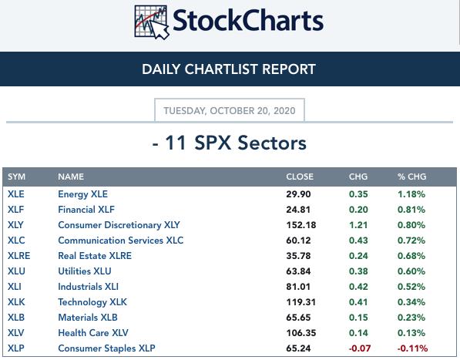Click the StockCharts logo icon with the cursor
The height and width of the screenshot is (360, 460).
point(151,22)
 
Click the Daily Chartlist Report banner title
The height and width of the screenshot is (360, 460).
point(229,69)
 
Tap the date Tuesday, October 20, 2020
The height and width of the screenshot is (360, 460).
point(230,111)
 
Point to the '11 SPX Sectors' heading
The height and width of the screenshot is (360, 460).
point(236,143)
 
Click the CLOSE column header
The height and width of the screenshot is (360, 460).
point(300,177)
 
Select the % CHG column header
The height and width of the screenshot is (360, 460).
point(412,177)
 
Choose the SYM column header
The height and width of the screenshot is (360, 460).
point(16,177)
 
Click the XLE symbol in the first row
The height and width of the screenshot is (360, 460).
point(16,194)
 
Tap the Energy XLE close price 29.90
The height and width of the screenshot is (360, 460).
point(298,194)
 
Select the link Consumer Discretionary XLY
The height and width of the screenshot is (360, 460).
point(119,225)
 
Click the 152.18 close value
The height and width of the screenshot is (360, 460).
point(301,225)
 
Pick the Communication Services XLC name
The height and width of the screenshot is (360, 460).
point(120,241)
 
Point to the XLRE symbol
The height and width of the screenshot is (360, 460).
point(18,256)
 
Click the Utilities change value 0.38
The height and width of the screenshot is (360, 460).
point(358,271)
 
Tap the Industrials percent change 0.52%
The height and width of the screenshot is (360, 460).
point(411,287)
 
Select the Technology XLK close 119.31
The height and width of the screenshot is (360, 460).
point(301,302)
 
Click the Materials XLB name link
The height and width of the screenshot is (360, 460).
point(88,318)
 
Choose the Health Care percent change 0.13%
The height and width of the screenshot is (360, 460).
point(411,333)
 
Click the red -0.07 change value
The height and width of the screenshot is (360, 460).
point(359,348)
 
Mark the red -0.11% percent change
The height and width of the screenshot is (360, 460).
point(412,348)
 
